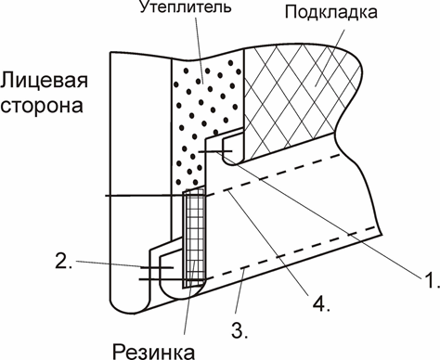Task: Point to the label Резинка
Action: point(153,349)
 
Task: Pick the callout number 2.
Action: point(62,262)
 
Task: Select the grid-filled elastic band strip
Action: point(193,237)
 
